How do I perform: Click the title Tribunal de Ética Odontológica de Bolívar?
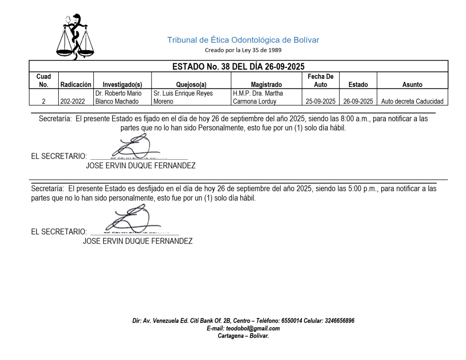pyautogui.click(x=243, y=40)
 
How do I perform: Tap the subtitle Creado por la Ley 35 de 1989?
pyautogui.click(x=243, y=50)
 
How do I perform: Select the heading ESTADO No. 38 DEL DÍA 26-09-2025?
pyautogui.click(x=238, y=66)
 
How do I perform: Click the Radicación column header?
pyautogui.click(x=76, y=84)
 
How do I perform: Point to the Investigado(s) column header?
pyautogui.click(x=122, y=84)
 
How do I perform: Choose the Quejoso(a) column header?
pyautogui.click(x=191, y=84)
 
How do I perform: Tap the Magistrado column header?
pyautogui.click(x=266, y=84)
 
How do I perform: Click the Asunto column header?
pyautogui.click(x=412, y=84)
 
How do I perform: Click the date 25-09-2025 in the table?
pyautogui.click(x=320, y=101)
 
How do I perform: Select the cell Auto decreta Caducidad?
pyautogui.click(x=412, y=101)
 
